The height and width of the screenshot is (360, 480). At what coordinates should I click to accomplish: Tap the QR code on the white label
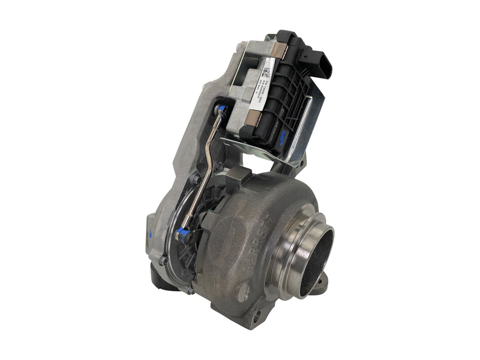(x=267, y=73)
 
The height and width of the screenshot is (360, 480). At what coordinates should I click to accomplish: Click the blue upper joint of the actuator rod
(x=222, y=111)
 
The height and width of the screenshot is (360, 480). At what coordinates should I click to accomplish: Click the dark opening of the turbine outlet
(x=319, y=258)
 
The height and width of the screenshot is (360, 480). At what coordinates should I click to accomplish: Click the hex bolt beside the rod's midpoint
(x=218, y=166)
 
